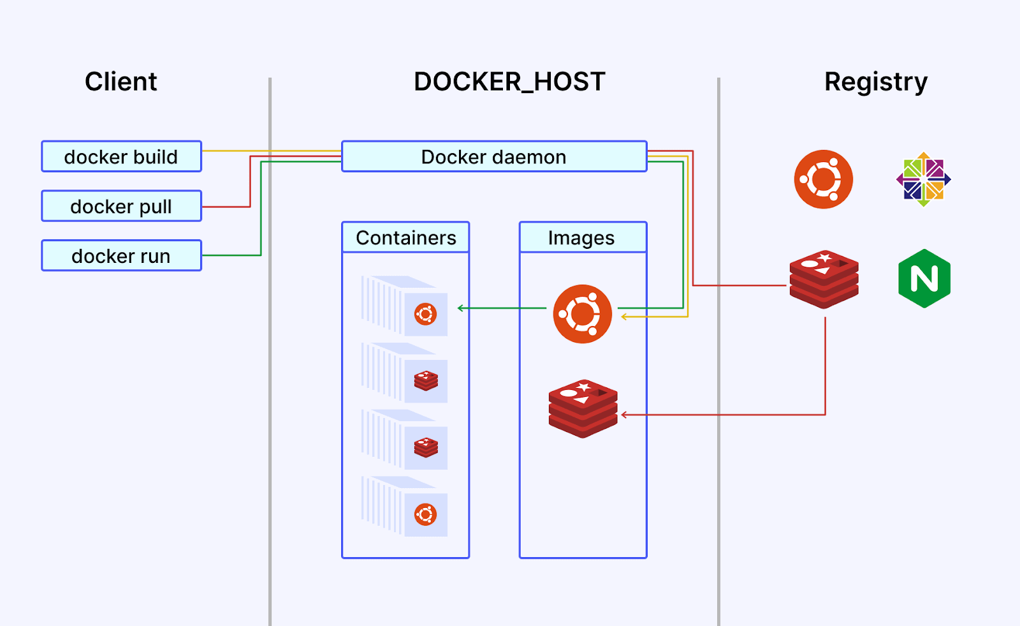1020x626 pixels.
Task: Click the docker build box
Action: [121, 156]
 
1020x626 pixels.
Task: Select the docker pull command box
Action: [121, 206]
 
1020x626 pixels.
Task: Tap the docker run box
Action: [121, 256]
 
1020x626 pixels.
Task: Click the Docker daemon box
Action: [494, 156]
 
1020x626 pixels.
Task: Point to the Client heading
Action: [120, 82]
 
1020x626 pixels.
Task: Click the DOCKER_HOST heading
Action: [509, 82]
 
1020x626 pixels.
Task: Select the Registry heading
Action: [875, 82]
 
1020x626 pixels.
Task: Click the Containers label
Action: [405, 237]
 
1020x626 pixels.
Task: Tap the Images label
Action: [581, 237]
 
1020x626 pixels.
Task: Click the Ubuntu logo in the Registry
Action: [823, 179]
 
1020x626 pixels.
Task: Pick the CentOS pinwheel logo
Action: [923, 179]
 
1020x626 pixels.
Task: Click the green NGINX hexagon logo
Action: [924, 279]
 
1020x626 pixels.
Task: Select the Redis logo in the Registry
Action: [824, 279]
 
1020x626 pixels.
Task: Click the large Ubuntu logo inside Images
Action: [582, 314]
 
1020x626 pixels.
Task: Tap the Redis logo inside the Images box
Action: [583, 408]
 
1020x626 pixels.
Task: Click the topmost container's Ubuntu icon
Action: [426, 314]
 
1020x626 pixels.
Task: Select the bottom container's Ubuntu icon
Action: [426, 514]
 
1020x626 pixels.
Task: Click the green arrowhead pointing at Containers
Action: [460, 308]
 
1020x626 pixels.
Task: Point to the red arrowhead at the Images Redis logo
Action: [624, 415]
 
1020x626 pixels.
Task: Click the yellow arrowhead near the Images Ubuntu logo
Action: [624, 317]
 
